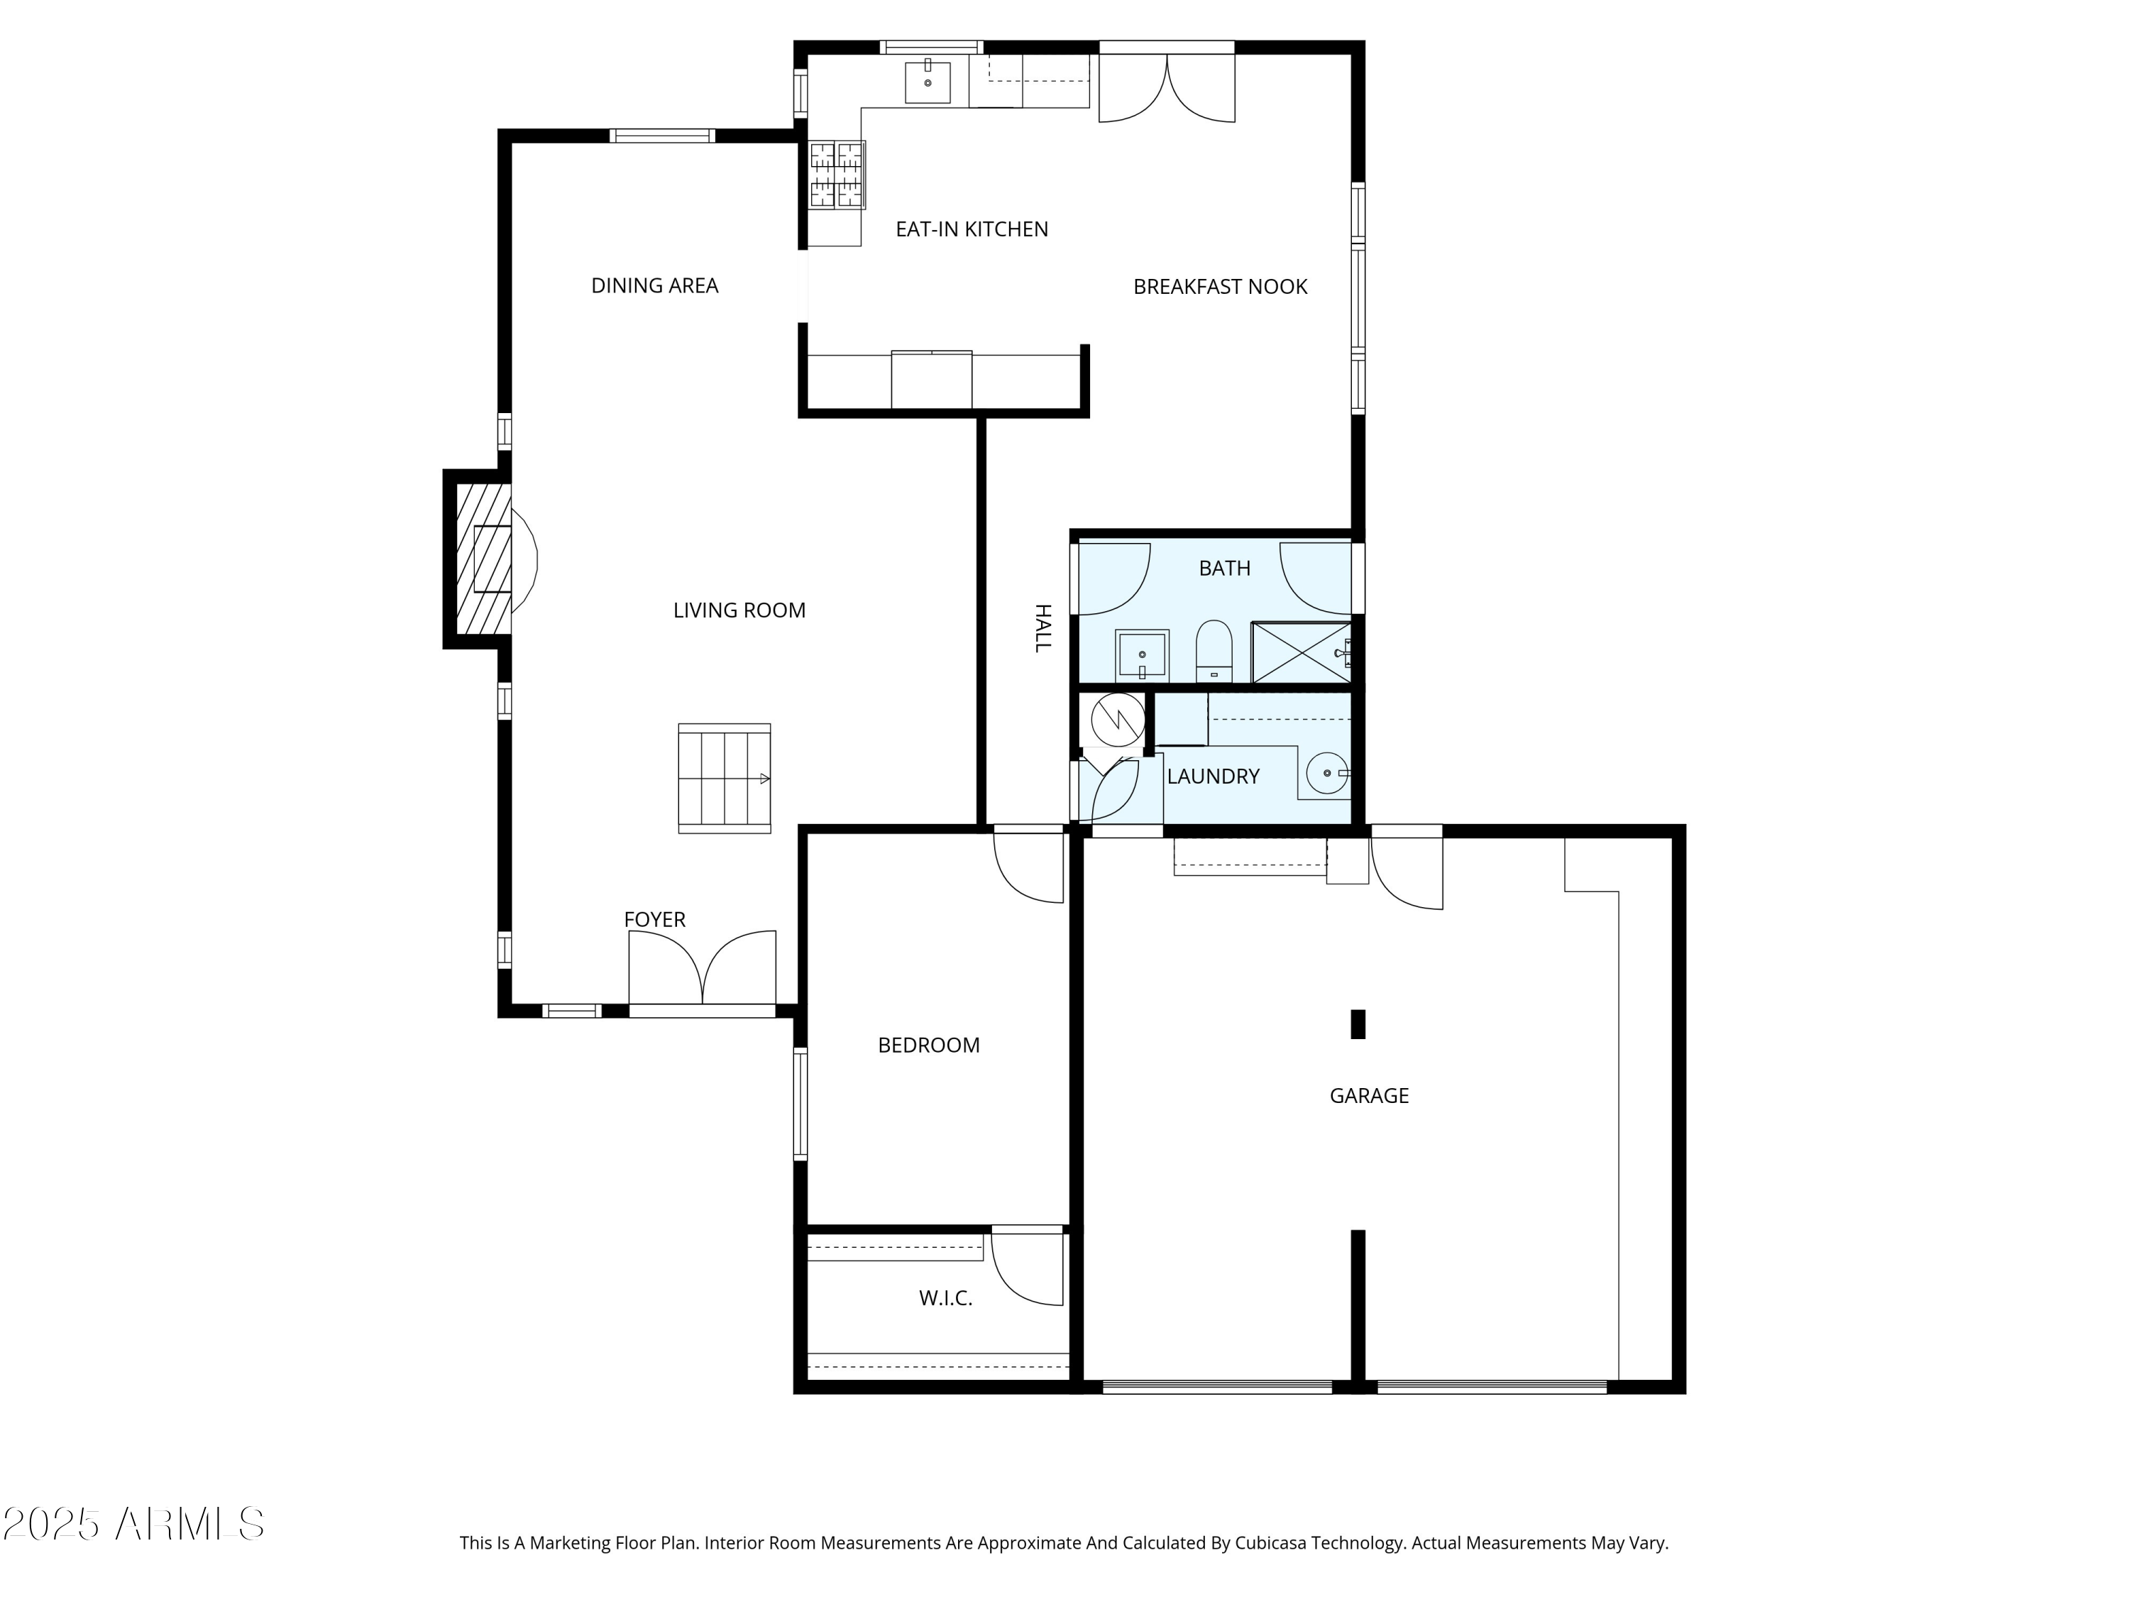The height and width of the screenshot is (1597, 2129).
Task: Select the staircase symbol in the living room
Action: click(x=724, y=778)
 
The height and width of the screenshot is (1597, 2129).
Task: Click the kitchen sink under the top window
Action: click(x=927, y=82)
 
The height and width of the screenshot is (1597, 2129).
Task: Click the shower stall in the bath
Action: click(x=1300, y=653)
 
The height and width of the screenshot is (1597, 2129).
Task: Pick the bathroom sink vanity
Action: click(x=1141, y=656)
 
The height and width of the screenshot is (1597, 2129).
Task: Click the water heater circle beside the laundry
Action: click(x=1118, y=719)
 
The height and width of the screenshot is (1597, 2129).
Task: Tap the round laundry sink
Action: click(x=1327, y=773)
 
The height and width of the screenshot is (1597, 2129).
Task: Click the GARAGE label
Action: click(x=1369, y=1095)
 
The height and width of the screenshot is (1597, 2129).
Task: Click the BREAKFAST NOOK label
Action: click(x=1219, y=287)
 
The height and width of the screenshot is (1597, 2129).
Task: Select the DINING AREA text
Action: click(x=654, y=286)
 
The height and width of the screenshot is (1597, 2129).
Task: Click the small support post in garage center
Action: click(x=1358, y=1024)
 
